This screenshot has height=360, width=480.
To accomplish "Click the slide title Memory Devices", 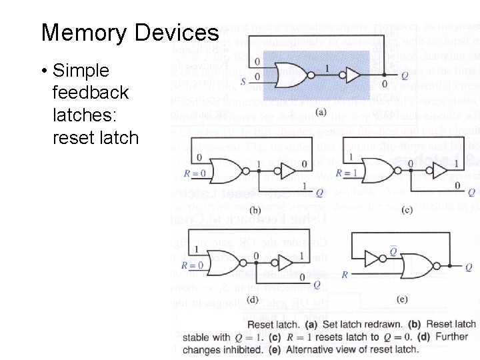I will pyautogui.click(x=129, y=33).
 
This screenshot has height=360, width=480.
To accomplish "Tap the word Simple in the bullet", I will pyautogui.click(x=81, y=70).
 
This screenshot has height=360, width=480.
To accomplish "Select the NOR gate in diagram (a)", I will pyautogui.click(x=290, y=73).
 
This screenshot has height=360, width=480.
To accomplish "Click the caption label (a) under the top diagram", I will pyautogui.click(x=321, y=112).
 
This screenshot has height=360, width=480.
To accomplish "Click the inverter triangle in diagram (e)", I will pyautogui.click(x=372, y=258).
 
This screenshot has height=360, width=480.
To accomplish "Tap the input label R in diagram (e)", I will pyautogui.click(x=345, y=274).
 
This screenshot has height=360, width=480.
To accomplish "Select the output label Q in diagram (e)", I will pyautogui.click(x=468, y=267).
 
